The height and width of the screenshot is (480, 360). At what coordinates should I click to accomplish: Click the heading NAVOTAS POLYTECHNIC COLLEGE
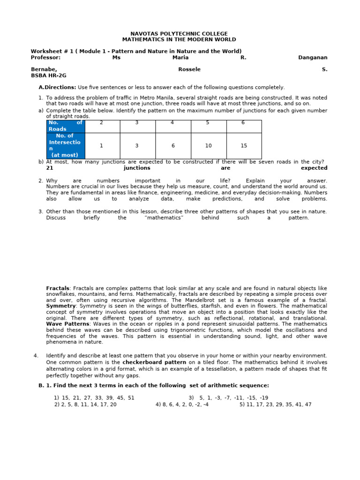pyautogui.click(x=179, y=34)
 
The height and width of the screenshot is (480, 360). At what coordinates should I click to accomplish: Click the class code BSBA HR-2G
pyautogui.click(x=49, y=75)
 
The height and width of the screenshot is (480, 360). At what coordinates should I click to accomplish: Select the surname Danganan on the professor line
pyautogui.click(x=313, y=58)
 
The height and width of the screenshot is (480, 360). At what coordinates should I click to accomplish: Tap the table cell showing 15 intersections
pyautogui.click(x=244, y=146)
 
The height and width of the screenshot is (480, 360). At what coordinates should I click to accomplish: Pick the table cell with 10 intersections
pyautogui.click(x=208, y=146)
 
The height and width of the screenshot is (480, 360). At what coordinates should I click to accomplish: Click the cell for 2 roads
pyautogui.click(x=102, y=123)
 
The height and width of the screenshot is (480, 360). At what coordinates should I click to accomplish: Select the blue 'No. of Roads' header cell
pyautogui.click(x=66, y=126)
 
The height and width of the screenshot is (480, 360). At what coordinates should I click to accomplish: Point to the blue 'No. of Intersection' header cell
pyautogui.click(x=66, y=146)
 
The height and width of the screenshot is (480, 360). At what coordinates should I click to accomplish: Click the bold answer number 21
pyautogui.click(x=50, y=168)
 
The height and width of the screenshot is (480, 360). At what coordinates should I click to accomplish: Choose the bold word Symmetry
pyautogui.click(x=61, y=306)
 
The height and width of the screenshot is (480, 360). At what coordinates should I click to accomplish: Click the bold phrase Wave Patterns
pyautogui.click(x=67, y=323)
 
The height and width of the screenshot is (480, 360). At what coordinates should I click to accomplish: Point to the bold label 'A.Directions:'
pyautogui.click(x=57, y=87)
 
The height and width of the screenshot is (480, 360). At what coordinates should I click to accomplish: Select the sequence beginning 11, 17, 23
pyautogui.click(x=275, y=404)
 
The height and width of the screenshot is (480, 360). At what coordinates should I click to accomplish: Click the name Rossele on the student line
pyautogui.click(x=189, y=69)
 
